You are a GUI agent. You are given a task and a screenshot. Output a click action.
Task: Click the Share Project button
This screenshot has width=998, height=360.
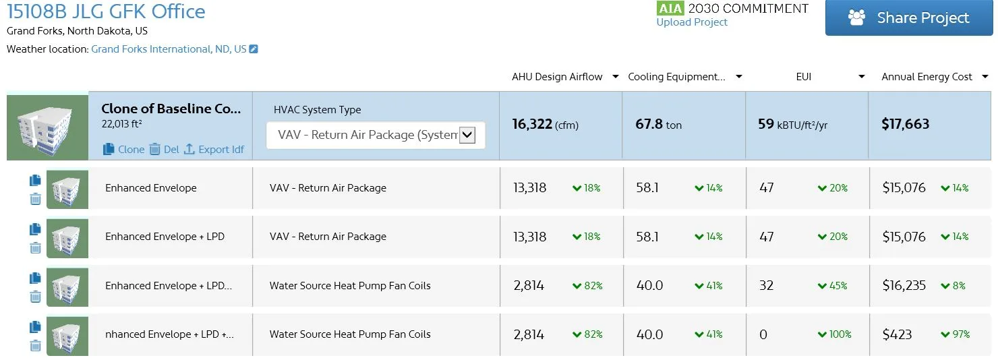click(909, 18)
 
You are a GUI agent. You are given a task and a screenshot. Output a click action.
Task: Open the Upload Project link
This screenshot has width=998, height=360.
click(691, 22)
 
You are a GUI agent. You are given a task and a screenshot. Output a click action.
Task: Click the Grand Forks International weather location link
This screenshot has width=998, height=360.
click(169, 49)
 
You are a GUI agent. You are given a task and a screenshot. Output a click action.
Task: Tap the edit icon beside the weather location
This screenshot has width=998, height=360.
click(254, 49)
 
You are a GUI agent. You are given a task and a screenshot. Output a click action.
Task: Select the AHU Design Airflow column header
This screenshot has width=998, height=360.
click(557, 77)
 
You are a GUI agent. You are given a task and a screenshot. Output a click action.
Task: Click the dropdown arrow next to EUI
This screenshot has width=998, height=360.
click(862, 77)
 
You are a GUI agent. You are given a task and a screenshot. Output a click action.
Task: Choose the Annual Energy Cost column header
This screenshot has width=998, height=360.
click(927, 77)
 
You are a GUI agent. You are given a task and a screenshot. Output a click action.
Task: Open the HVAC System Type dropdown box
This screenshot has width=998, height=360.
click(376, 135)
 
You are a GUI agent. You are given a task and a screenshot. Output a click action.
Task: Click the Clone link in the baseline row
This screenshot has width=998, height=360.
click(124, 149)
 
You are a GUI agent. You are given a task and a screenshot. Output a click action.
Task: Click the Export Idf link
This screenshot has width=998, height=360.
click(214, 149)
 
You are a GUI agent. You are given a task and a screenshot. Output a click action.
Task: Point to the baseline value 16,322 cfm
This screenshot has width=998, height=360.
click(546, 124)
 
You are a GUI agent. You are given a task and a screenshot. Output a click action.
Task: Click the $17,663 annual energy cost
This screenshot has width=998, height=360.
click(906, 124)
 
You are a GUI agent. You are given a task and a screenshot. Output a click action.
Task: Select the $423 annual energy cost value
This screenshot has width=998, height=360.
click(898, 334)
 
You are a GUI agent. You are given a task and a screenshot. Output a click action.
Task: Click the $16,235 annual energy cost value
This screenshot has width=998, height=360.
click(904, 286)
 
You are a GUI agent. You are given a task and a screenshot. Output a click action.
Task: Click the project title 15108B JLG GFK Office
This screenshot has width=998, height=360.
click(106, 11)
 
